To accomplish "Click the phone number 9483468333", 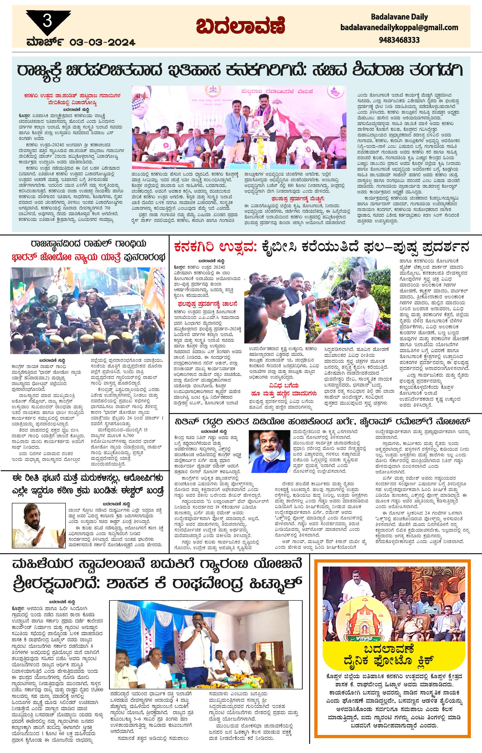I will (399, 40).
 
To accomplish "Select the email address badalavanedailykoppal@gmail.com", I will (399, 28).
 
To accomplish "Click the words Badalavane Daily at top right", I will (399, 17).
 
